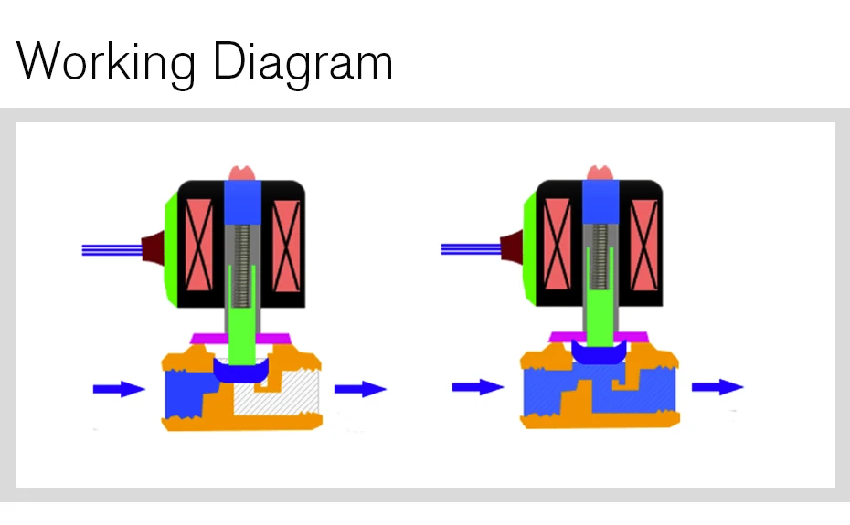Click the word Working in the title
(x=106, y=62)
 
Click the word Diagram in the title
(x=303, y=62)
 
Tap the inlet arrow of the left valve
(x=119, y=389)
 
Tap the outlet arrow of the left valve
(x=360, y=389)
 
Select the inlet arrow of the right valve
(x=478, y=387)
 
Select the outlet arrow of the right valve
(x=717, y=387)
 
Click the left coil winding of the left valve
(x=199, y=245)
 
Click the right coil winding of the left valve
(x=286, y=246)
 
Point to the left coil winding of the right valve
(x=558, y=245)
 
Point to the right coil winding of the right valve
(x=644, y=245)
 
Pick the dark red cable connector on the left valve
(x=154, y=248)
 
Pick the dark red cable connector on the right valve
(x=512, y=247)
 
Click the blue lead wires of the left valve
(x=112, y=250)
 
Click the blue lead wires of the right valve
(x=471, y=249)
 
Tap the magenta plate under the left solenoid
(x=240, y=339)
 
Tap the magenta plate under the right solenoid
(x=599, y=337)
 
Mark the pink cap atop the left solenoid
(x=242, y=173)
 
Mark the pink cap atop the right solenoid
(x=600, y=173)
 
